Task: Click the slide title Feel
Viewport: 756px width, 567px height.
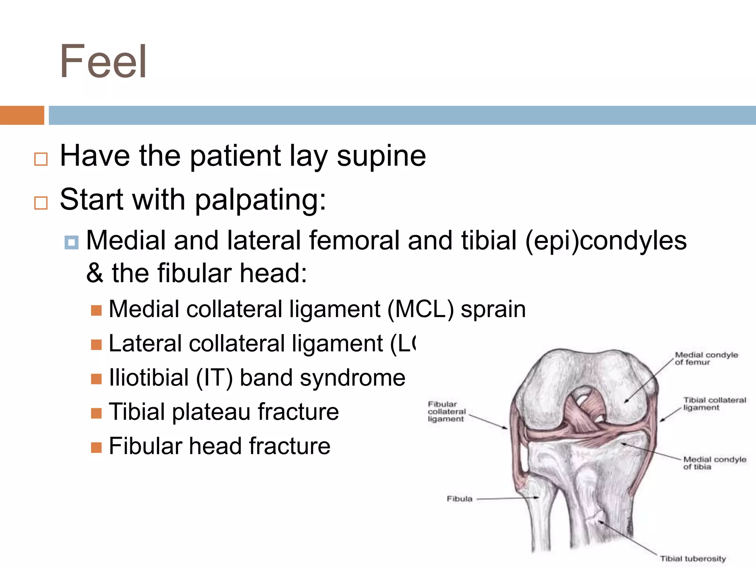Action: (103, 62)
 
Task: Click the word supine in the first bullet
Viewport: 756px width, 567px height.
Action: (381, 156)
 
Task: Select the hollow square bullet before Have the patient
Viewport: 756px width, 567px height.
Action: (41, 159)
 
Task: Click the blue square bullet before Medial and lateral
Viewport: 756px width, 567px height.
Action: (71, 243)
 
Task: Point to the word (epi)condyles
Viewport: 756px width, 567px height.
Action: (605, 241)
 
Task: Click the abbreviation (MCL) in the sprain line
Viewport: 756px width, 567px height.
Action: (420, 309)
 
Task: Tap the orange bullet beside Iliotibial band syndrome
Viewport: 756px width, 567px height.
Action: (96, 379)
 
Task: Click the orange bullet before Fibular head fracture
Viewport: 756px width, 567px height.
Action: (96, 447)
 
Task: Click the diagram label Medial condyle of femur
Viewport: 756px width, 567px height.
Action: (705, 358)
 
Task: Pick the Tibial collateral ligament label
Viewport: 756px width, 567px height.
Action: (714, 404)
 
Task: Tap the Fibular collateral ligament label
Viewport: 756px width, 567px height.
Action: (446, 412)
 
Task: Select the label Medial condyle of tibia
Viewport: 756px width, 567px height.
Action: (714, 463)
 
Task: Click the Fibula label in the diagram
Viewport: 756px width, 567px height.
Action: (460, 499)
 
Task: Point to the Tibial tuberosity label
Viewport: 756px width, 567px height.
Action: (693, 559)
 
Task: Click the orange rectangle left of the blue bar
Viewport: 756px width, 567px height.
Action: (22, 115)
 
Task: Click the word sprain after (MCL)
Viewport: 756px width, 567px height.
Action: (493, 309)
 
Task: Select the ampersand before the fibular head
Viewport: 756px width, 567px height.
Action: (95, 274)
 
